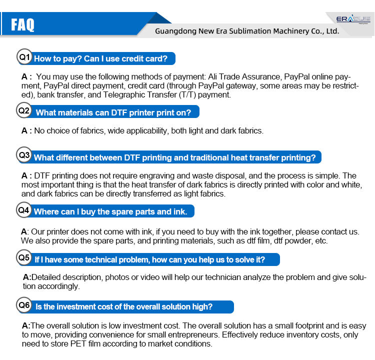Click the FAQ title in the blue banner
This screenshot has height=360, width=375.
[22, 24]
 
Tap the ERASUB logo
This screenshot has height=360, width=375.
[352, 19]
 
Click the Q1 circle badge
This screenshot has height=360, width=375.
[25, 57]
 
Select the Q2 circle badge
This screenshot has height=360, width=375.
[24, 110]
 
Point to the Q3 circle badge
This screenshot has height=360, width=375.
[24, 155]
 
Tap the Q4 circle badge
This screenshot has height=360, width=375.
[24, 210]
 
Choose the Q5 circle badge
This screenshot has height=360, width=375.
[24, 258]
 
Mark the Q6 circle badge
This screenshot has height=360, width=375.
[24, 305]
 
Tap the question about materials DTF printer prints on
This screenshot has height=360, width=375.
[113, 112]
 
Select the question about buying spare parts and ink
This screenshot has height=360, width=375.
[110, 211]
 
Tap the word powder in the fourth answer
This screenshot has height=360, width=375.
[301, 241]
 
